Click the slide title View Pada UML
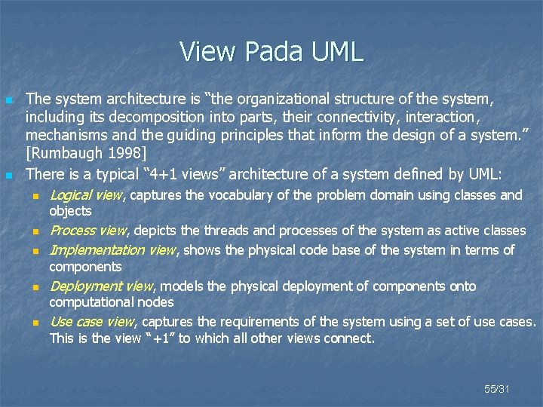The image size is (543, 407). point(271,51)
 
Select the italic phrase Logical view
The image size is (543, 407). point(85,196)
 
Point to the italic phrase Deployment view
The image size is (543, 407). point(100,286)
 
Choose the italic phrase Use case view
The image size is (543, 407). point(91,322)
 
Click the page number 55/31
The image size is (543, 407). point(497,389)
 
